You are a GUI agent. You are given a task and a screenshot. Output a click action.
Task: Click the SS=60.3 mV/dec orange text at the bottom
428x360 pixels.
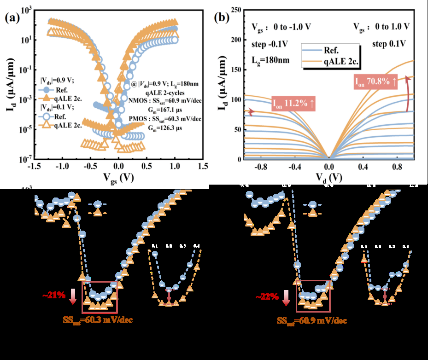coord(98,319)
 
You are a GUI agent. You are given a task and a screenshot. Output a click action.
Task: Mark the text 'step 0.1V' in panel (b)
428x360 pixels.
coord(388,44)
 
